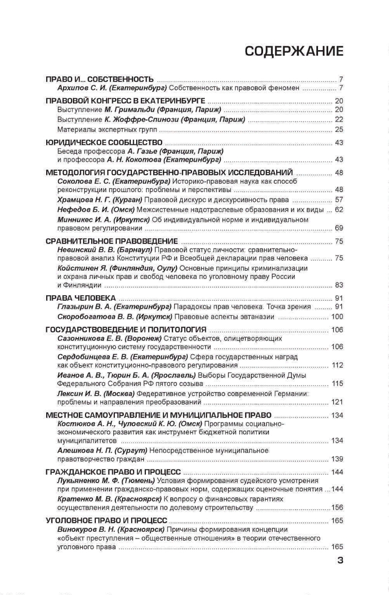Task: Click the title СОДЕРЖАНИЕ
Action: pyautogui.click(x=294, y=52)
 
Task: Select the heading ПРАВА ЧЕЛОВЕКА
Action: pyautogui.click(x=80, y=298)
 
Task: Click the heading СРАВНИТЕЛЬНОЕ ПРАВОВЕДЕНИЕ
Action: pyautogui.click(x=111, y=241)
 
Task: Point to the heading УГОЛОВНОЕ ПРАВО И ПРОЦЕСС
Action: pyautogui.click(x=106, y=521)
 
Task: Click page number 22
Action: pyautogui.click(x=339, y=119)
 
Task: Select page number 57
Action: pyautogui.click(x=339, y=199)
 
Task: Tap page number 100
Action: pyautogui.click(x=337, y=316)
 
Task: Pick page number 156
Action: pyautogui.click(x=337, y=507)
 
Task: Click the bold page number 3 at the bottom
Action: pyautogui.click(x=340, y=559)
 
